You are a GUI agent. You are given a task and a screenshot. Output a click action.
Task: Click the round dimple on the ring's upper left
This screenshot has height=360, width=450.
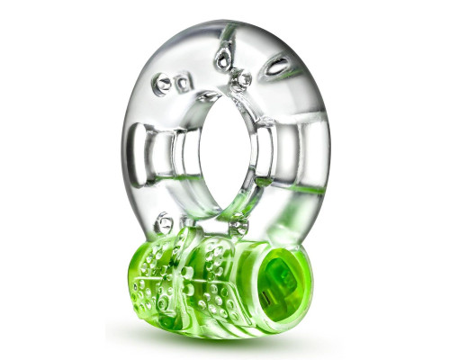coord(163,83)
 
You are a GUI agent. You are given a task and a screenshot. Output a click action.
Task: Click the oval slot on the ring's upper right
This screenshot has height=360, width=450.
coord(278,66)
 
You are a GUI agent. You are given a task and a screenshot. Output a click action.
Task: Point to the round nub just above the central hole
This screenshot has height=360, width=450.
coord(240,80)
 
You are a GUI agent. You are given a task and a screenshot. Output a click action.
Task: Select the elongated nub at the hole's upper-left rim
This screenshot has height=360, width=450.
coord(208,95)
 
